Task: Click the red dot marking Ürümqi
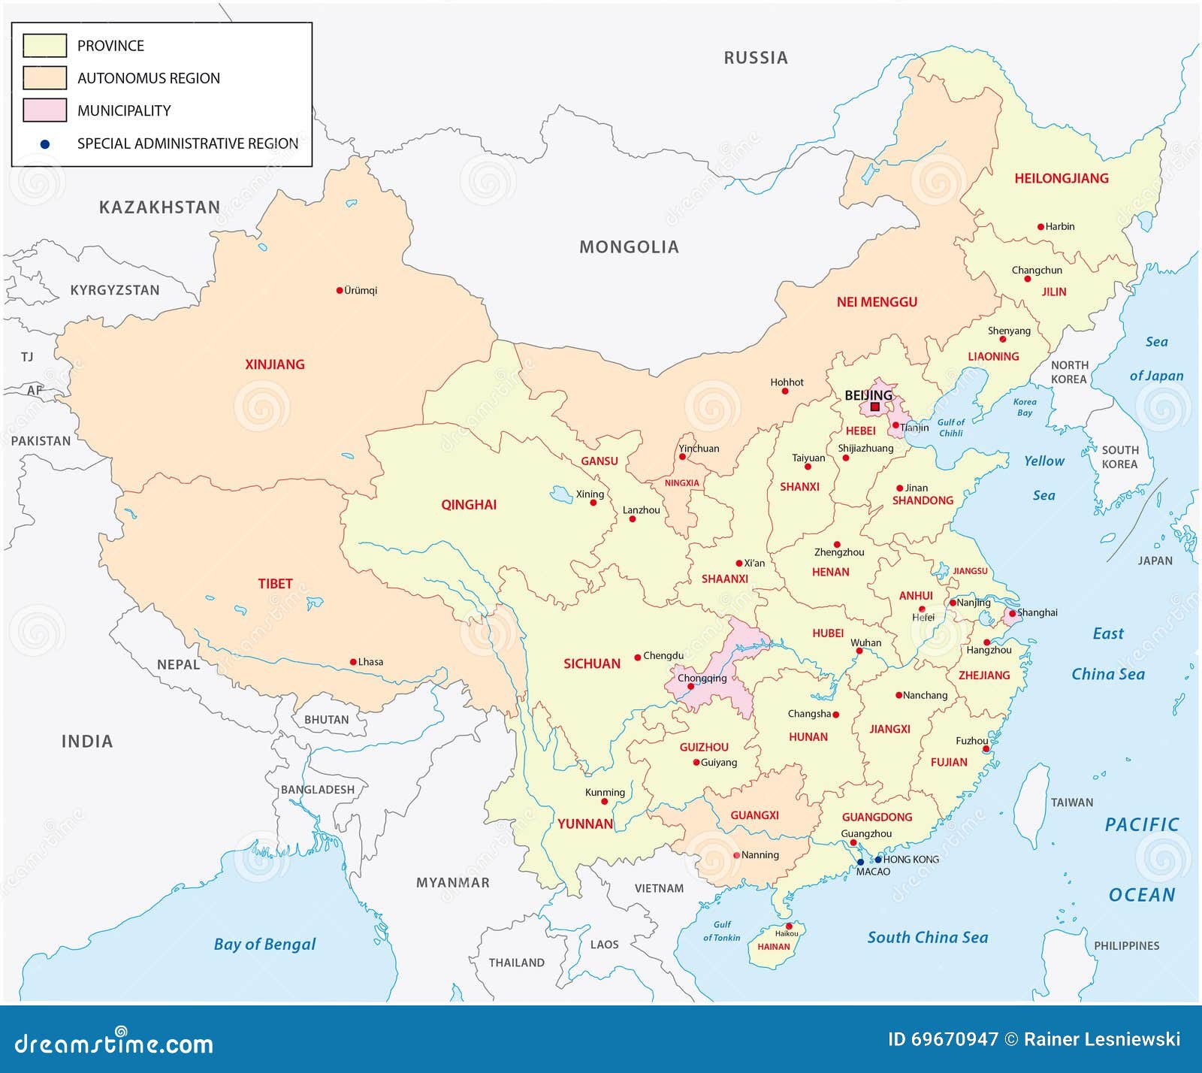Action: point(340,290)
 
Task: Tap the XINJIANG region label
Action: point(275,364)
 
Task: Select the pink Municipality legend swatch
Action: point(44,110)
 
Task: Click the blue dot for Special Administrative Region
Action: point(45,144)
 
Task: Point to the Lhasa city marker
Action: point(353,662)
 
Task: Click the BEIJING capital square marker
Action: point(874,407)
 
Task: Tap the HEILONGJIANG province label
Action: point(1061,178)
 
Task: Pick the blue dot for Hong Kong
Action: point(878,859)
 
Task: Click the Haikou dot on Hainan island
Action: point(789,926)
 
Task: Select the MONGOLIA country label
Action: point(629,247)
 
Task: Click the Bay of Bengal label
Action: point(264,945)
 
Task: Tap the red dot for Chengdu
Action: point(638,656)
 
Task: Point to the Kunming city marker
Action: point(604,802)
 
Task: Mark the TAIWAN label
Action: point(1071,802)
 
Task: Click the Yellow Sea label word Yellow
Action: point(1043,461)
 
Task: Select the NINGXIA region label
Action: point(681,483)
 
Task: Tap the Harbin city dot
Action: point(1040,226)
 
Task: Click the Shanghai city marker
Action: point(1011,614)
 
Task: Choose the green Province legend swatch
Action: point(44,46)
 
